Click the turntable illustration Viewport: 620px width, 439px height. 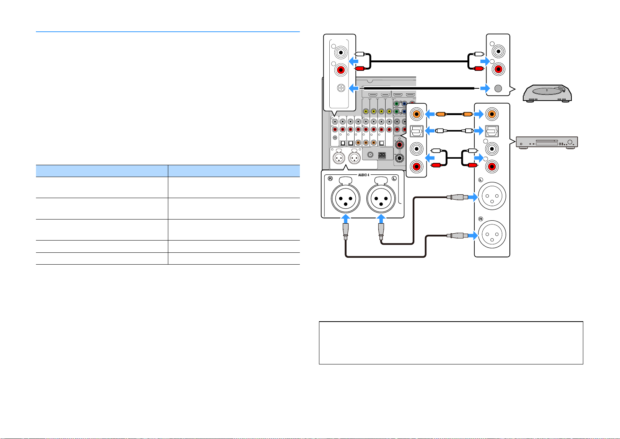pos(547,94)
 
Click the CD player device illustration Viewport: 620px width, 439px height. pos(547,143)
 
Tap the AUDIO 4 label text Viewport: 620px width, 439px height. pos(363,175)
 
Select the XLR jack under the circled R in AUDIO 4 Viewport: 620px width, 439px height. pos(345,198)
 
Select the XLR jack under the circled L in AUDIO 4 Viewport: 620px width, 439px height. pos(381,198)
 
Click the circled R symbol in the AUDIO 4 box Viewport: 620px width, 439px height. pos(330,179)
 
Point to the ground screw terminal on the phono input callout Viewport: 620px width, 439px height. pos(341,88)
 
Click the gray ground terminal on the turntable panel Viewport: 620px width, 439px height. pos(498,88)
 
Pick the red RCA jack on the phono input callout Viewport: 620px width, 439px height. pos(341,70)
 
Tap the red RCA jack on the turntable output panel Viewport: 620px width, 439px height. pos(498,69)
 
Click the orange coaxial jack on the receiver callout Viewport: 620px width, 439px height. pos(417,114)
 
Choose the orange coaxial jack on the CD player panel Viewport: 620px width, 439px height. pos(492,114)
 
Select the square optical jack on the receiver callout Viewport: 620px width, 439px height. pos(417,131)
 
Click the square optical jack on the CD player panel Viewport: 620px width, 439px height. pos(492,131)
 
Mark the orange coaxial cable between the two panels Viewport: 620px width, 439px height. pos(454,114)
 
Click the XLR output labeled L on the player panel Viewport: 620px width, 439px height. pos(492,196)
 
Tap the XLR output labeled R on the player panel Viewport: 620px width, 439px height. pos(492,234)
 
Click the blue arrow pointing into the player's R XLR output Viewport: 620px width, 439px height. pos(473,236)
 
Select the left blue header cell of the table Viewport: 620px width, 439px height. pos(102,171)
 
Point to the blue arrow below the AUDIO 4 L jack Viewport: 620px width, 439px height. pos(381,219)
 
